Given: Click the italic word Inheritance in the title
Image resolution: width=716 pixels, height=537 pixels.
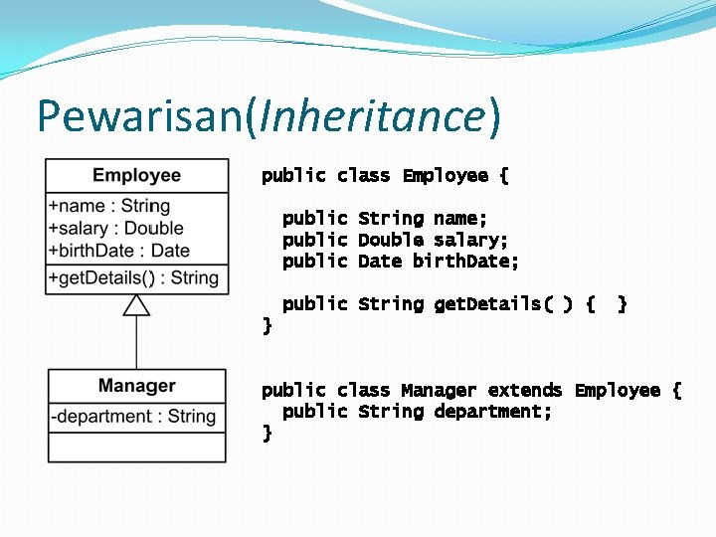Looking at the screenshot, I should point(371,116).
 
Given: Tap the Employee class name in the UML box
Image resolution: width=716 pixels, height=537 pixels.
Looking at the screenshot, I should point(136,176).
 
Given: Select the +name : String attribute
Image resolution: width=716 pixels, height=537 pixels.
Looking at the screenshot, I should point(109,206).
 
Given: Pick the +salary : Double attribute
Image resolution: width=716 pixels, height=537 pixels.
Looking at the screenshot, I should point(115,228).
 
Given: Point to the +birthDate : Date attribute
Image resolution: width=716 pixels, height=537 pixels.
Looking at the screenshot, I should point(118,251).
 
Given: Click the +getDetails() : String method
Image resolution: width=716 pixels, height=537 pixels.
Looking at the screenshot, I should point(132,277).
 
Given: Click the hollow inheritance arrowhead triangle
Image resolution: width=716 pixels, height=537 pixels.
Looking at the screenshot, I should point(136,304).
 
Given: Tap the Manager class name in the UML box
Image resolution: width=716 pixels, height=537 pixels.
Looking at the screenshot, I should point(136,386).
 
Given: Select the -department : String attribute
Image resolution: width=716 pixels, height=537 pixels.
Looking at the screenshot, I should point(133,416).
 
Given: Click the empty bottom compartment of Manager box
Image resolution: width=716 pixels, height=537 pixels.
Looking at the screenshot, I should point(136,447).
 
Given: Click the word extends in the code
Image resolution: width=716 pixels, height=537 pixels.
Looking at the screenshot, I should point(525,390).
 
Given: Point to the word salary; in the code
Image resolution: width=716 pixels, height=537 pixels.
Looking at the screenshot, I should point(471,240).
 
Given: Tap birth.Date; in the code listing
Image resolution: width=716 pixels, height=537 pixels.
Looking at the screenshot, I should point(466,262).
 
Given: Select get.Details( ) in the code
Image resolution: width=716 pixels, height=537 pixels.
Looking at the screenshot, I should point(503,304).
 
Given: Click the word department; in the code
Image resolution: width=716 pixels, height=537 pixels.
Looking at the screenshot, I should point(493,412).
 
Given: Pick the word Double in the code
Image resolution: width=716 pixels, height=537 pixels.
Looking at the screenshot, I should point(391,240).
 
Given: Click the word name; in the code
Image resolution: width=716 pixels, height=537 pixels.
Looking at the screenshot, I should point(460,218).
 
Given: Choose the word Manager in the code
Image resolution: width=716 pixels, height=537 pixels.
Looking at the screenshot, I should point(439,390).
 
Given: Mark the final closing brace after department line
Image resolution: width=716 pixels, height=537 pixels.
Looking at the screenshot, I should point(267,433).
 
